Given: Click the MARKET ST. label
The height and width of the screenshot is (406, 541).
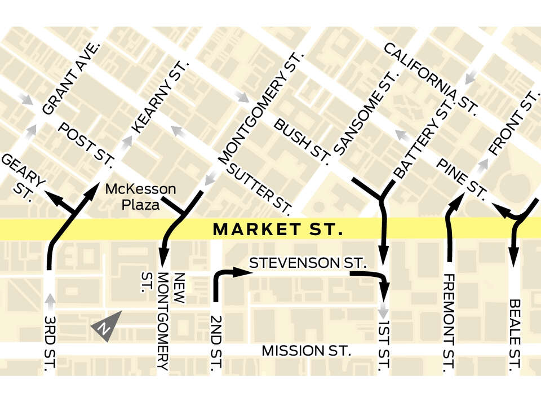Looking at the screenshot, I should point(278,230).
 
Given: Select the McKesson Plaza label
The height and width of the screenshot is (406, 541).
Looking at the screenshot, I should point(141,196).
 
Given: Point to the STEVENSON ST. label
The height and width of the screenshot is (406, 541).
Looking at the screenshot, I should point(308,263).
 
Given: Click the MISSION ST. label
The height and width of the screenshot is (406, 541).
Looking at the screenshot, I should point(307,351).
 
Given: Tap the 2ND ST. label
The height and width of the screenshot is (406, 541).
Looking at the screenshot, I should point(216,343).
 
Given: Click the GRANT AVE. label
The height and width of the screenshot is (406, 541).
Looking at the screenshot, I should point(72,78).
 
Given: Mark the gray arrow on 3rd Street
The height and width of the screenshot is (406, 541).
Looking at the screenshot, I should point(50,303).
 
